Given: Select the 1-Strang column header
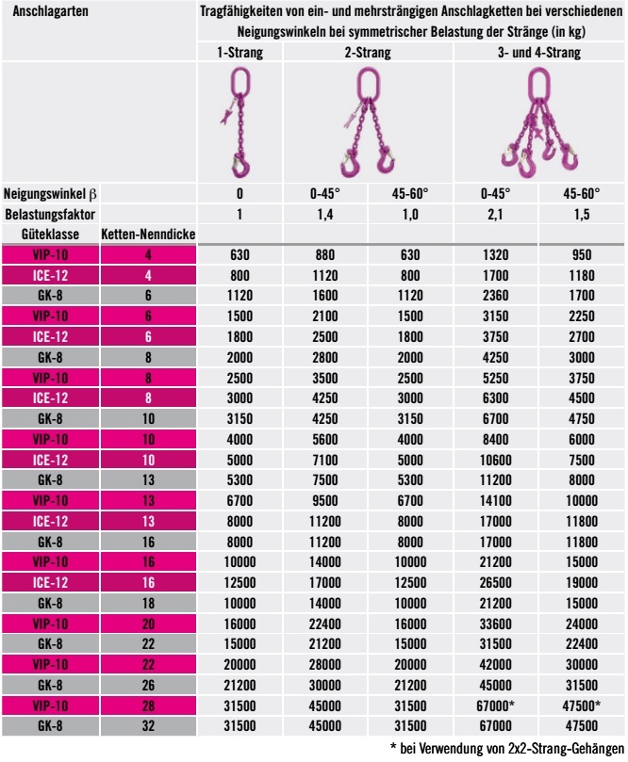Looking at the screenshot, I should pyautogui.click(x=240, y=54).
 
